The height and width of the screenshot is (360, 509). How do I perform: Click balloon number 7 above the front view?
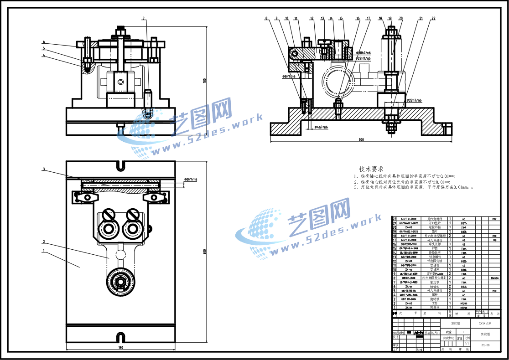[144, 19]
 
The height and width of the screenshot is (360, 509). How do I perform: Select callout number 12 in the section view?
[312, 19]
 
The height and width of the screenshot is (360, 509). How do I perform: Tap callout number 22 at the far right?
[433, 19]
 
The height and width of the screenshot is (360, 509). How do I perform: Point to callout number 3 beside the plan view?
[44, 169]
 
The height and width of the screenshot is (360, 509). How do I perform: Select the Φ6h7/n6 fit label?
[288, 77]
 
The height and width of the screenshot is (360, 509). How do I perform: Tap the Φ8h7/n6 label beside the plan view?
[191, 180]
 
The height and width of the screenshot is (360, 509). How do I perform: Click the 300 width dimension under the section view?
[361, 139]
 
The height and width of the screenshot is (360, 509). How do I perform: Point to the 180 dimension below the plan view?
[120, 348]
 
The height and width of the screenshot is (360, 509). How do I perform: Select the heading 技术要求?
[371, 169]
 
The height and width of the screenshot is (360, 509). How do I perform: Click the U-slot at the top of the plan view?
[120, 165]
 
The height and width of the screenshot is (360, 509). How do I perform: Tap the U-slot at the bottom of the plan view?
[120, 338]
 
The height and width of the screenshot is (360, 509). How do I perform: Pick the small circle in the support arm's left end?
[295, 54]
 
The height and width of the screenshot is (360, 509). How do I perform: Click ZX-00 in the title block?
[485, 345]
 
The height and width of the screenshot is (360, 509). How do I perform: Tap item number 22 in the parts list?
[395, 219]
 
